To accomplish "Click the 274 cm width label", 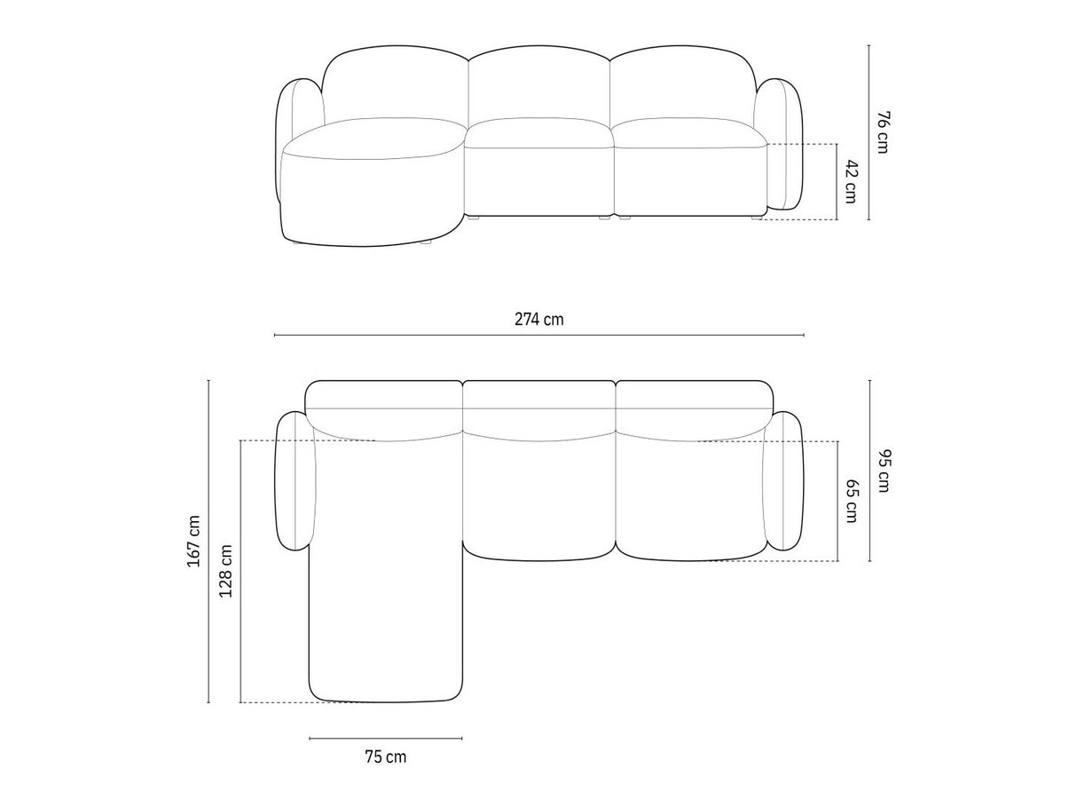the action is pyautogui.click(x=538, y=320).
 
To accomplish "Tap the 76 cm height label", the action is pyautogui.click(x=883, y=132).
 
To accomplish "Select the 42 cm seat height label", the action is pyautogui.click(x=851, y=182).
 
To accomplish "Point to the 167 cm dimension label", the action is pyautogui.click(x=193, y=541).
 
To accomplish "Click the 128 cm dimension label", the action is pyautogui.click(x=225, y=570).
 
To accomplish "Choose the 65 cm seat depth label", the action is pyautogui.click(x=853, y=501).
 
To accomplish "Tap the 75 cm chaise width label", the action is pyautogui.click(x=386, y=757).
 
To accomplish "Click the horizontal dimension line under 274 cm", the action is pyautogui.click(x=538, y=336).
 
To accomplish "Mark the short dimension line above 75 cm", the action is pyautogui.click(x=386, y=738).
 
